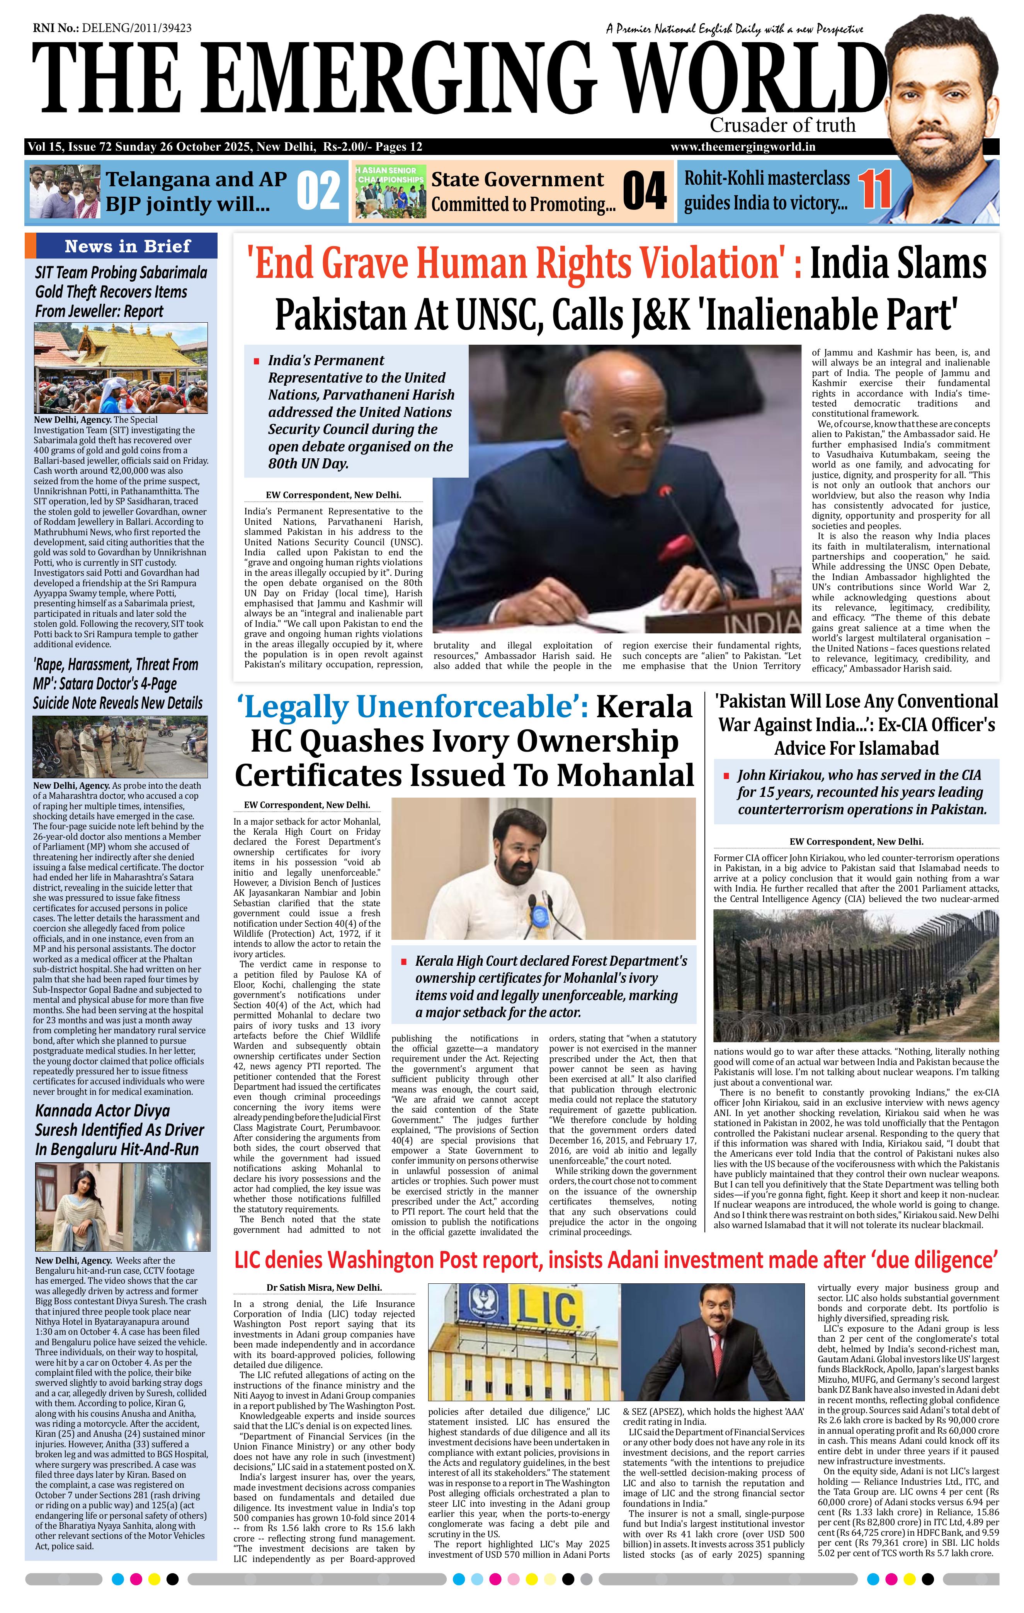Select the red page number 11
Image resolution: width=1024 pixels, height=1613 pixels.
875,190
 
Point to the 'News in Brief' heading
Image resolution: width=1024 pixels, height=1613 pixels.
127,246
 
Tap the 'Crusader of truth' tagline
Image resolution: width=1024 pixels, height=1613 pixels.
782,125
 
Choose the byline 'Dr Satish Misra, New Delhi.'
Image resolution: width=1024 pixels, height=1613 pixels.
324,1287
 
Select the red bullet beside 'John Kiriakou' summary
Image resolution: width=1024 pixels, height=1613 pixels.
726,776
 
